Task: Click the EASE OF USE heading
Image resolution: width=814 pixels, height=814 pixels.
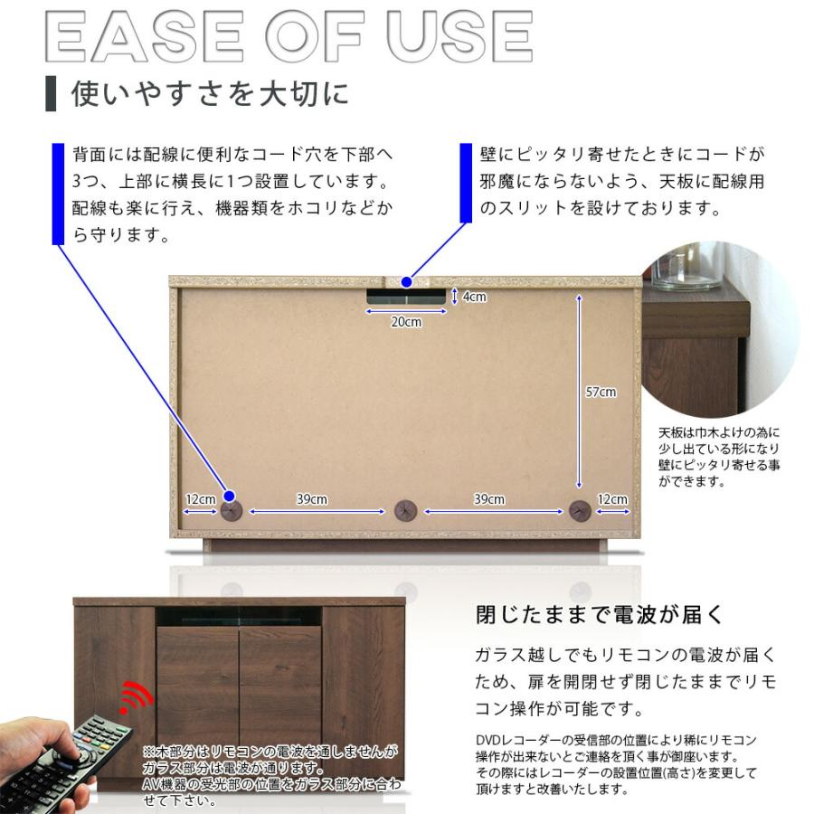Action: (x=288, y=37)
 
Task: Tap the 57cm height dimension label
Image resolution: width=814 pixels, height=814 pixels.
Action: (x=601, y=392)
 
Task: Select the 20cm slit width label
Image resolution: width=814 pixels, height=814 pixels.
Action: (x=406, y=322)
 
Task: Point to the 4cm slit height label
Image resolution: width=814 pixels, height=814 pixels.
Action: (x=475, y=297)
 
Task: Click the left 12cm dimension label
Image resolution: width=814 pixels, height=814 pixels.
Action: (x=200, y=499)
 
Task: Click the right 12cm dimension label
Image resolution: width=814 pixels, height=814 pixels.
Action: (x=612, y=499)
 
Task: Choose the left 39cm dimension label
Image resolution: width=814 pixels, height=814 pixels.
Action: (x=312, y=499)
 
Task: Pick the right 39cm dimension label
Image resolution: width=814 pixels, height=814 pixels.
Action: (x=489, y=499)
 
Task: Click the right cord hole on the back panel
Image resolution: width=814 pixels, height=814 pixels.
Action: (x=579, y=512)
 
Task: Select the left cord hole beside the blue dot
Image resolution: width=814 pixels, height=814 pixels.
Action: (x=232, y=512)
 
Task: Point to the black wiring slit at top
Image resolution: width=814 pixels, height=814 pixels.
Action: (x=406, y=297)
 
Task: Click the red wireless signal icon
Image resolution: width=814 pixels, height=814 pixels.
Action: (x=137, y=696)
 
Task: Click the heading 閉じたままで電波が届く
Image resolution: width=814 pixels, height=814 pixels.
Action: (x=600, y=616)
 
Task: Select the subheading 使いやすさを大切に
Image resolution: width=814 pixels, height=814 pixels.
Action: (x=210, y=94)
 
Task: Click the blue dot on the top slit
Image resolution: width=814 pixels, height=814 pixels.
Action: (x=407, y=280)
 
